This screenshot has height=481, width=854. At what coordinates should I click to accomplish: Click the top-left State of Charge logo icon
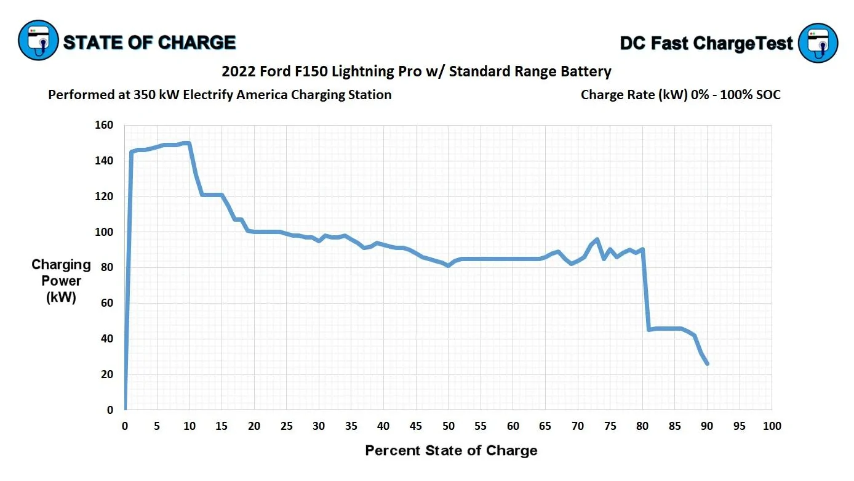click(38, 40)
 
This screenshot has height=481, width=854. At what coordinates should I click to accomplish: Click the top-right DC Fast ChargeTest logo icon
click(818, 42)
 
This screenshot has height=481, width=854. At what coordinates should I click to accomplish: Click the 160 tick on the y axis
click(105, 125)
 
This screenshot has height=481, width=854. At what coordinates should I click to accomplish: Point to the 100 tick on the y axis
click(105, 232)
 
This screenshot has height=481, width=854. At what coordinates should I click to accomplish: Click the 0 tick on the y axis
click(110, 410)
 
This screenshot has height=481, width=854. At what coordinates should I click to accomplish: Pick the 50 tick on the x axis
click(449, 426)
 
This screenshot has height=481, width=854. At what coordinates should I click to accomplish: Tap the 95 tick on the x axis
click(740, 426)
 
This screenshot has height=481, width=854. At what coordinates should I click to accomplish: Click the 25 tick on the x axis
click(287, 426)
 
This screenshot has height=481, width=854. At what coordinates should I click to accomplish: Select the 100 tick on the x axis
click(772, 426)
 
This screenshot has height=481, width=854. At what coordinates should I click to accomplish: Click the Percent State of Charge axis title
click(451, 450)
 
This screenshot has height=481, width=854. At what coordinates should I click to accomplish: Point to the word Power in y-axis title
click(61, 281)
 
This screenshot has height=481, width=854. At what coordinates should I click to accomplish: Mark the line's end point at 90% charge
click(707, 363)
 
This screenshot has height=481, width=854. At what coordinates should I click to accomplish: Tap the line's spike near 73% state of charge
click(597, 239)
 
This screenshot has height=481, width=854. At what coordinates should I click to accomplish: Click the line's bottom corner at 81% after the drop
click(649, 329)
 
